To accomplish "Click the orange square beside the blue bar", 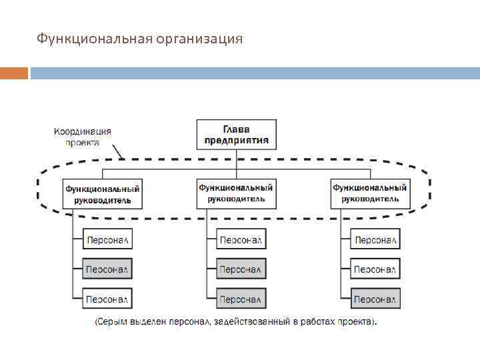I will tap(14, 73).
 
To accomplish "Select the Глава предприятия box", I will tap(237, 135).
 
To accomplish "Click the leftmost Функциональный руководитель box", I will tap(103, 194).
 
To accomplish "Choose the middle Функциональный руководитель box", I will tap(236, 193).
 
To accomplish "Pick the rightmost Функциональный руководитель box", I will tap(370, 193).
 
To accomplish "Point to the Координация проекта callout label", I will tap(83, 137).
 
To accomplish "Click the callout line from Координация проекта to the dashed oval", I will tap(117, 153).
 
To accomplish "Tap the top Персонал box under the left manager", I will tap(107, 240).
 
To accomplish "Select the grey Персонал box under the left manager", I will tap(107, 269).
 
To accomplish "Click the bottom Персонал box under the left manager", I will tap(107, 298).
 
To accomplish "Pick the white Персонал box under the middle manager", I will tap(241, 240).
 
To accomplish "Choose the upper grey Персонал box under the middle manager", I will tap(241, 269).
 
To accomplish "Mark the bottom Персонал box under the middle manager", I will tap(241, 298).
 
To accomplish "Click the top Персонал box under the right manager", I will tap(376, 240).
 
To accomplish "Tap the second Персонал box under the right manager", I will tap(376, 269).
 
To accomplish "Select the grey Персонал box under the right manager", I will tap(376, 298).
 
